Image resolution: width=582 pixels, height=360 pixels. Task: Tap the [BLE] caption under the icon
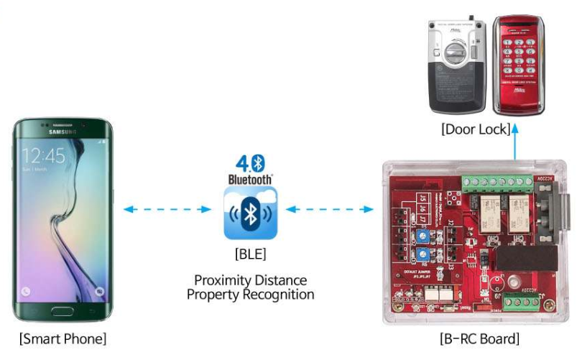click(x=250, y=253)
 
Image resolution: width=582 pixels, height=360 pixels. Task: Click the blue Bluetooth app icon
click(x=250, y=213)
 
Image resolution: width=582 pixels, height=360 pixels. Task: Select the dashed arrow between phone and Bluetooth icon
click(x=167, y=210)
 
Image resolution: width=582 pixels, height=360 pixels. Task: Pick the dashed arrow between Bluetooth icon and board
click(x=330, y=210)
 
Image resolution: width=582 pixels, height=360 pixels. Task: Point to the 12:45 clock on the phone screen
click(x=43, y=155)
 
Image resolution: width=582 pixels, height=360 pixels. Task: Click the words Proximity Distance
click(x=250, y=280)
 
